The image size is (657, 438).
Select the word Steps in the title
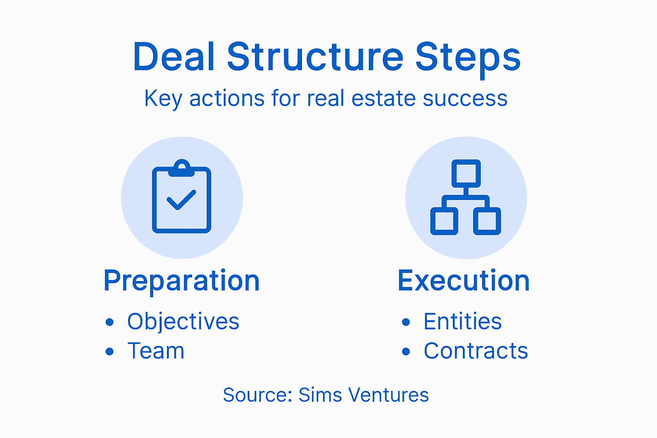pyautogui.click(x=468, y=57)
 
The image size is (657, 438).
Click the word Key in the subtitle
pyautogui.click(x=163, y=99)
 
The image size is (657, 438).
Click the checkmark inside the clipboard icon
pyautogui.click(x=181, y=200)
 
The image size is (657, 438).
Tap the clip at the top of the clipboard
pyautogui.click(x=182, y=168)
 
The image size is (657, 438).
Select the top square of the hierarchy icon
pyautogui.click(x=466, y=173)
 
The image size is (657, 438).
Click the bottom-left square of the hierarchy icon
pyautogui.click(x=444, y=221)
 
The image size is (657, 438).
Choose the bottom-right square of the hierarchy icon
pyautogui.click(x=487, y=221)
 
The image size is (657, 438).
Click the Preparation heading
pyautogui.click(x=182, y=281)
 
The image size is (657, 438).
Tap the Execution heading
pyautogui.click(x=464, y=281)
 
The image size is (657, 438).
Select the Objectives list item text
pyautogui.click(x=183, y=322)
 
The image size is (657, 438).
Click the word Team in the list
pyautogui.click(x=156, y=351)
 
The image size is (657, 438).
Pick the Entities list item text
pyautogui.click(x=462, y=322)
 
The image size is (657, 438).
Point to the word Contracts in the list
pyautogui.click(x=476, y=351)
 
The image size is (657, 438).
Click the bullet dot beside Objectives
pyautogui.click(x=110, y=322)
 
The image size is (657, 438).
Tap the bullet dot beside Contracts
pyautogui.click(x=406, y=352)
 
